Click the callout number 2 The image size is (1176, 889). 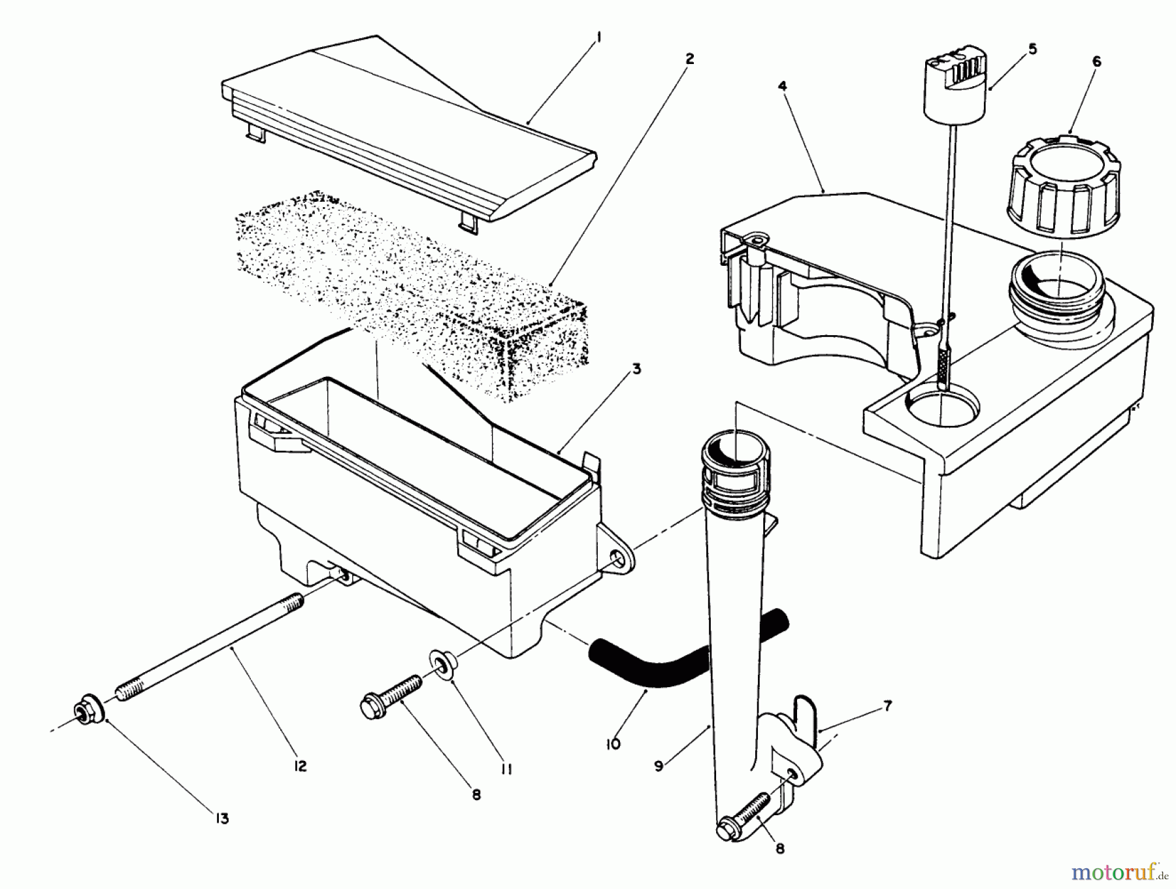(689, 58)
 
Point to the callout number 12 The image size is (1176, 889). (300, 766)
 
